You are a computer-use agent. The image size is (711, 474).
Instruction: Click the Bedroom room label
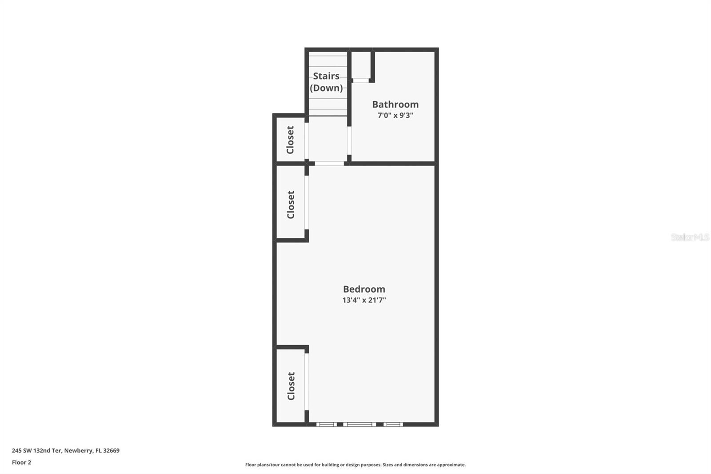click(364, 289)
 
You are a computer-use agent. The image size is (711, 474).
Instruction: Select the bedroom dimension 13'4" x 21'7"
click(364, 300)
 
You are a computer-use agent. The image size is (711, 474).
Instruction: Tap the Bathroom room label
click(395, 104)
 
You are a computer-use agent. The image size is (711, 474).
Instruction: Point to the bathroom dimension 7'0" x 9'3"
click(395, 116)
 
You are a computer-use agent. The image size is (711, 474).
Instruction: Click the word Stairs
click(326, 76)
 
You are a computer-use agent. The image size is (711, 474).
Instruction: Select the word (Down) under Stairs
click(326, 88)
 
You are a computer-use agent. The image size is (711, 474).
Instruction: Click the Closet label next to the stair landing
click(290, 140)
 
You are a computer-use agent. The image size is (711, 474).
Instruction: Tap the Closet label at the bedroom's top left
click(291, 205)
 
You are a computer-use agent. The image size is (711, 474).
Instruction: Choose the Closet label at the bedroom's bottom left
click(291, 386)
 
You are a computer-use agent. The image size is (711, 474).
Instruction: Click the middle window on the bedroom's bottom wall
click(359, 425)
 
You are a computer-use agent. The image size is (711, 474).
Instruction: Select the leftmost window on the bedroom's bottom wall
click(327, 425)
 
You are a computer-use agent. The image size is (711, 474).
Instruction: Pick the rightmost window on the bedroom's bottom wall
click(393, 425)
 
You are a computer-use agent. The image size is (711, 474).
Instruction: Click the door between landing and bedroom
click(329, 164)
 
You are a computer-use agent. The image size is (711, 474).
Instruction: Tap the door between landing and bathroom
click(349, 141)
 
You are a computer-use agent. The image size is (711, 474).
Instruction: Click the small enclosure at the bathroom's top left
click(361, 66)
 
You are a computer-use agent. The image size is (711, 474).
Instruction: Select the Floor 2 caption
click(21, 462)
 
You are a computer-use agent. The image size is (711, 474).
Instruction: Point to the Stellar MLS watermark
click(690, 237)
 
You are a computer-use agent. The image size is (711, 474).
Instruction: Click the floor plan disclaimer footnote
click(355, 465)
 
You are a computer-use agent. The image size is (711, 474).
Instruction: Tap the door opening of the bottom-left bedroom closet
click(307, 382)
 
